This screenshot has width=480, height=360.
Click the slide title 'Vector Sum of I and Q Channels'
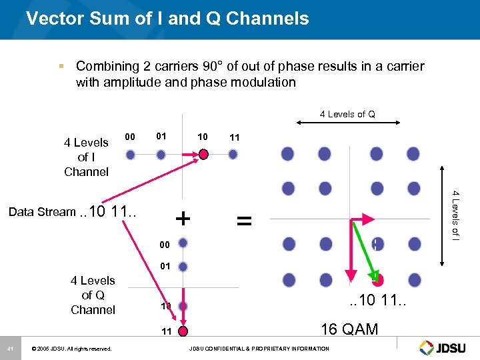(x=167, y=18)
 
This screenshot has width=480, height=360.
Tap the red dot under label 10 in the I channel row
(x=203, y=154)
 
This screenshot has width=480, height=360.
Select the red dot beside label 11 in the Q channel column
(x=183, y=331)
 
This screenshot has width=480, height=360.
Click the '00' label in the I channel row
(x=131, y=137)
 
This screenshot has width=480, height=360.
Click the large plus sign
(x=182, y=218)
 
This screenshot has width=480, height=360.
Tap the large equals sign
(x=245, y=219)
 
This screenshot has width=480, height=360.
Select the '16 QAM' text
(x=349, y=329)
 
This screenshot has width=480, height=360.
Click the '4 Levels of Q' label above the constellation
(x=347, y=114)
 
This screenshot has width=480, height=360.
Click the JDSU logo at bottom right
(x=445, y=347)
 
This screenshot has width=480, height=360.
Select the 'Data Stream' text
(x=42, y=212)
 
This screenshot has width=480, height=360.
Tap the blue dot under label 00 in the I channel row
(x=131, y=154)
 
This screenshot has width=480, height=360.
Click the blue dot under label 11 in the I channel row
(x=233, y=154)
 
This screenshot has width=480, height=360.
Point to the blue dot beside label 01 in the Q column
(x=183, y=267)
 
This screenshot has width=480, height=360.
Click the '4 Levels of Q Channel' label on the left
(x=93, y=295)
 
